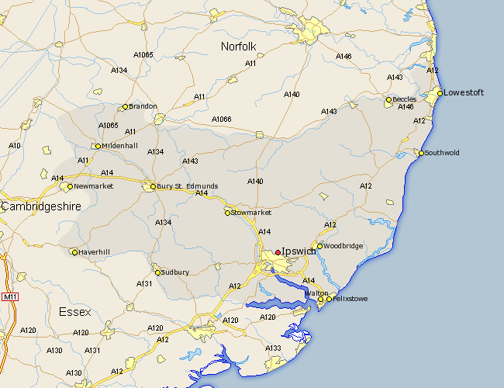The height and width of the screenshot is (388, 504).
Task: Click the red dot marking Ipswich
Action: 278,252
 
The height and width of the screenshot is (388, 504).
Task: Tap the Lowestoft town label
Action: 464,93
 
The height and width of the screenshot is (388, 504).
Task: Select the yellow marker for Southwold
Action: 421,153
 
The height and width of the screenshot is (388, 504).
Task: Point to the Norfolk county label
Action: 238,47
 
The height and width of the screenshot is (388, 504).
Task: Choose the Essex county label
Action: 74,312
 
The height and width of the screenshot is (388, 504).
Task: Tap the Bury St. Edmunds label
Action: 187,187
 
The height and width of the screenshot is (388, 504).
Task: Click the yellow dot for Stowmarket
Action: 228,212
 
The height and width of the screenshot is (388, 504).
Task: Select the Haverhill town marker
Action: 74,251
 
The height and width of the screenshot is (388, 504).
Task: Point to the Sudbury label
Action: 175,272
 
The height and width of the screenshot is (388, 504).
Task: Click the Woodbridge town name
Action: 343,246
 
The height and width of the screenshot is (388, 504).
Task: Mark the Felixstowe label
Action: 350,299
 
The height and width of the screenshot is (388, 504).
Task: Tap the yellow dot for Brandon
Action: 125,107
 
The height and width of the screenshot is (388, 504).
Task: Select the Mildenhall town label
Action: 119,146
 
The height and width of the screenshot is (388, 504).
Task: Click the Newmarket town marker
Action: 70,186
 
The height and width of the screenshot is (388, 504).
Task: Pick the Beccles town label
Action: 404,99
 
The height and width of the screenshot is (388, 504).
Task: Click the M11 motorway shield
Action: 10,297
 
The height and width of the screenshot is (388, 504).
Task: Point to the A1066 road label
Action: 221,120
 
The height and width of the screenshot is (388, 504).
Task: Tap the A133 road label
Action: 273,348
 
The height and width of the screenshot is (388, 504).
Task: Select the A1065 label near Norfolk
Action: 143,55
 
